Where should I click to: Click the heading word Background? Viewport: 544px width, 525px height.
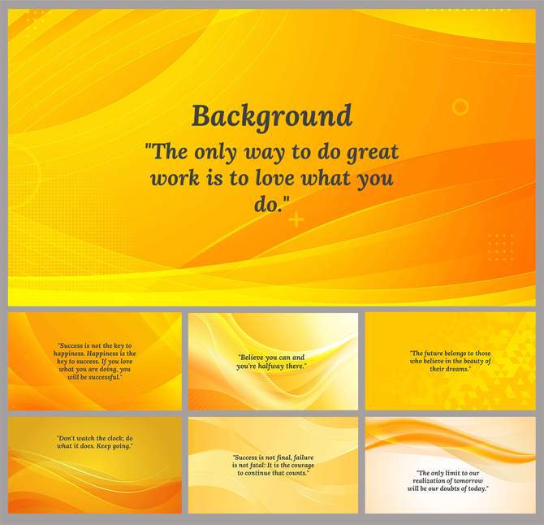[x=272, y=115]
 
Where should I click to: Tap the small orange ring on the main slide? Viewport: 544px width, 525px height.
[x=460, y=106]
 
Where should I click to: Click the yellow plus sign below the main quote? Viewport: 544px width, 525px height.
[x=296, y=219]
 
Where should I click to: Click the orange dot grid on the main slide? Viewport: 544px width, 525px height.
[x=500, y=246]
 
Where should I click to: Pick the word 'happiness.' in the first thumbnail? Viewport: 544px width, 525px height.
[x=74, y=354]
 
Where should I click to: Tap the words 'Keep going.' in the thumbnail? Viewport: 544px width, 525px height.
[x=115, y=446]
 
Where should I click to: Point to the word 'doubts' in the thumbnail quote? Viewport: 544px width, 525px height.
[x=451, y=488]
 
